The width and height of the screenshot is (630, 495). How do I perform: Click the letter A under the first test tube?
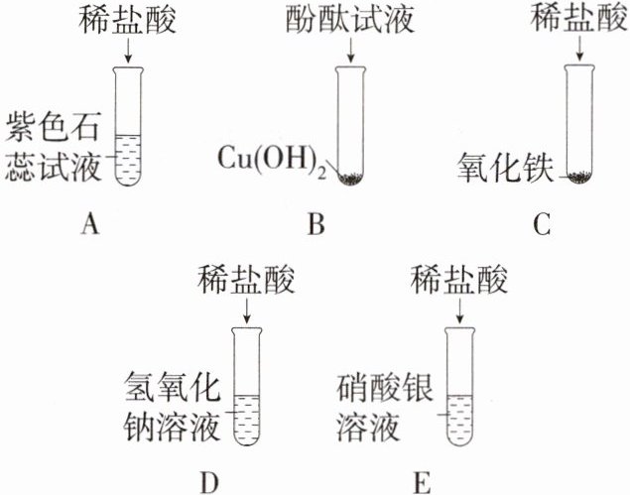tap(90, 226)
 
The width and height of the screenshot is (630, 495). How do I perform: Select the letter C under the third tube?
tap(541, 226)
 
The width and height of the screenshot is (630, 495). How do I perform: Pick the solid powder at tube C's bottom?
tap(578, 179)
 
